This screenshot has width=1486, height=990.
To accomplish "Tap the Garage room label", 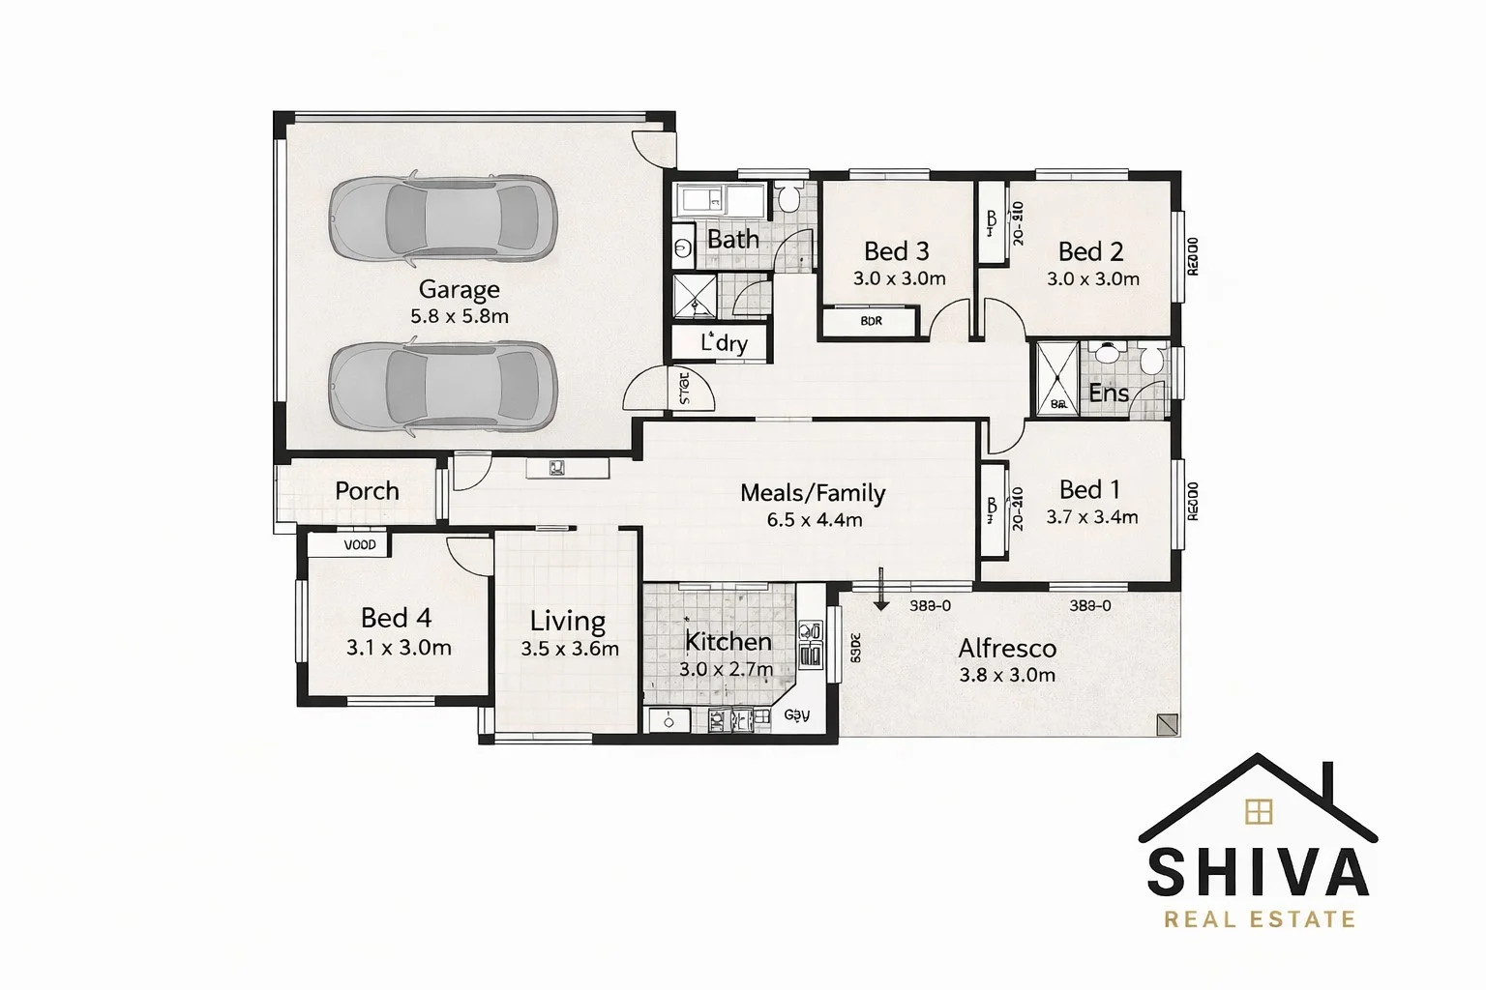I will coord(459,289).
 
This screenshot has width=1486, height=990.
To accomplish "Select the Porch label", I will coord(367,491).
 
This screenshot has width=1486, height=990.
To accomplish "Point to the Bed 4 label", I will coord(396,618).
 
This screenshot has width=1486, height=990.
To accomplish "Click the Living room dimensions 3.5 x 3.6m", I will coord(570,649).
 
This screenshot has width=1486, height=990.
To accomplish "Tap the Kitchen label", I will coord(728,641).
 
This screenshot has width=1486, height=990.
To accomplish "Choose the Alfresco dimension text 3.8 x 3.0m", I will coord(1006,675).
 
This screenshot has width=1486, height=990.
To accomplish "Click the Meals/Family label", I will coord(813,493).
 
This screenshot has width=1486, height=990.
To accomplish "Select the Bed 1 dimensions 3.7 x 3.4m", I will coord(1091,517).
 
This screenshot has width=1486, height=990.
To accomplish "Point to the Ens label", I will coord(1109,393).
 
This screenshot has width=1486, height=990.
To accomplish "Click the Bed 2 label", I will coord(1090,251).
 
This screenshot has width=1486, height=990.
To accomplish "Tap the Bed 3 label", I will coord(896,251).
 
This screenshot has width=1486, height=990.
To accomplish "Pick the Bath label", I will coord(732,239).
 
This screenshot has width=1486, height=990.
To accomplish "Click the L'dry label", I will coord(723,342).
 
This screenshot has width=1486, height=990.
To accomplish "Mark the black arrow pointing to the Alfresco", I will coord(880,592).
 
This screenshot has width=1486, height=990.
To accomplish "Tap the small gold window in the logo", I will coord(1259,811).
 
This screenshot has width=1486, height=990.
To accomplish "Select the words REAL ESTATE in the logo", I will coord(1259,918).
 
